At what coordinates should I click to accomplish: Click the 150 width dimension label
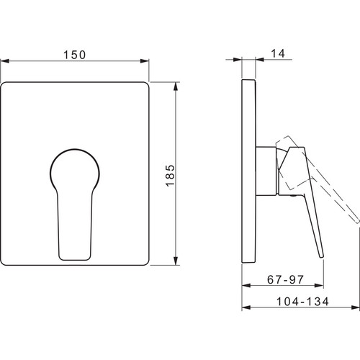coord(74,55)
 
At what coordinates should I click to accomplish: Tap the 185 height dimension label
coord(170,176)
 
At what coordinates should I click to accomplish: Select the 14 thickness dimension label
coord(278,53)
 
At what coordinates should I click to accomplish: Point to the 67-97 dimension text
coord(285,279)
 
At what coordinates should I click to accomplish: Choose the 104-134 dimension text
coord(302,302)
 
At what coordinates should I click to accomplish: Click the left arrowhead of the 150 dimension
coord(5,61)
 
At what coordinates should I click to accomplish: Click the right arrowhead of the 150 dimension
coord(145,61)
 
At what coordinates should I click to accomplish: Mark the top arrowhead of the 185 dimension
coord(176,86)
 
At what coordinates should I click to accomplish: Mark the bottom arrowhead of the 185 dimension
coord(176,261)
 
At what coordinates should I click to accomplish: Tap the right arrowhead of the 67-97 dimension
coord(319,286)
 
